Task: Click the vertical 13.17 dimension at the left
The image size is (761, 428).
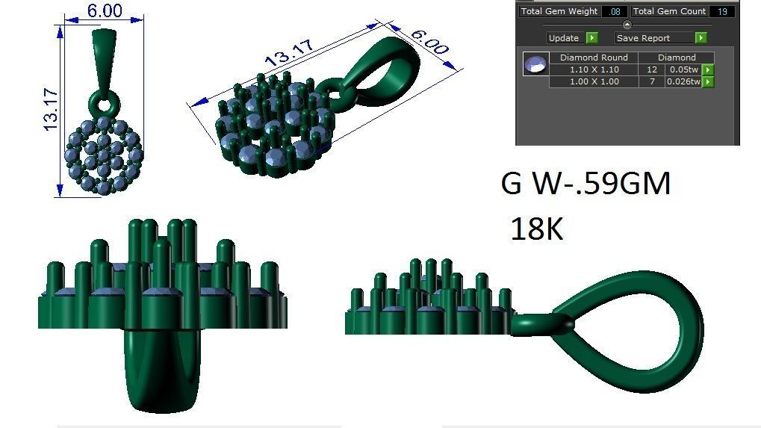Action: pos(50,111)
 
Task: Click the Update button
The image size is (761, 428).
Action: pos(564,38)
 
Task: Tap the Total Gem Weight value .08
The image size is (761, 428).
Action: pos(615,12)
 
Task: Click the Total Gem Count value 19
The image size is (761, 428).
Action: pos(721,12)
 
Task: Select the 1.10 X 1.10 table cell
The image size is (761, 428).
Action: pos(594,69)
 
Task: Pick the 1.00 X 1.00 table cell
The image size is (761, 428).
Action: pos(594,81)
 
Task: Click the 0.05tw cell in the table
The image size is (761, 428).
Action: pos(683,69)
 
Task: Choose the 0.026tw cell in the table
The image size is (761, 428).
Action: pos(683,81)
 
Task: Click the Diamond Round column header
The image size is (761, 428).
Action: pos(594,58)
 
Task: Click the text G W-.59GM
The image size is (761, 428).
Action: pos(585,184)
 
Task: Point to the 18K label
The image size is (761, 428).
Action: pos(536,229)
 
